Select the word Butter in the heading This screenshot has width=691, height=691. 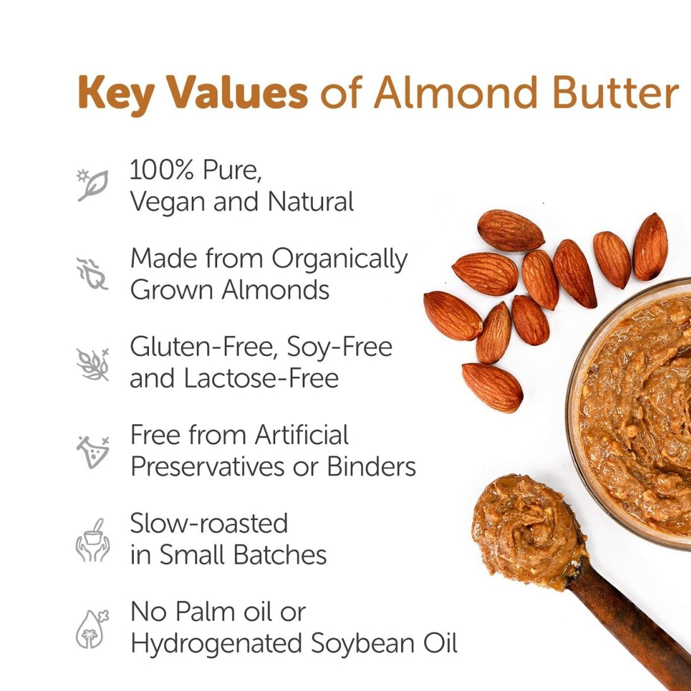click(615, 92)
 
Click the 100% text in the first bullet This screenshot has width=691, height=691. click(162, 170)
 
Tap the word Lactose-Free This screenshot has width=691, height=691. click(261, 378)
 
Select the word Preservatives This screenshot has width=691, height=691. click(208, 466)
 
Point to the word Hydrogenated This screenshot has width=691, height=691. click(216, 644)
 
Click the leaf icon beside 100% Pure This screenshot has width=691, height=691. click(93, 185)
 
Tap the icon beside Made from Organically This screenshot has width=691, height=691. click(92, 274)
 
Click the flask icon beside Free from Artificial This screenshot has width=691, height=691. click(93, 451)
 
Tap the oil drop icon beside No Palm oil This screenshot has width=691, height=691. click(92, 629)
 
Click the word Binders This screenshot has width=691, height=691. click(371, 466)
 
